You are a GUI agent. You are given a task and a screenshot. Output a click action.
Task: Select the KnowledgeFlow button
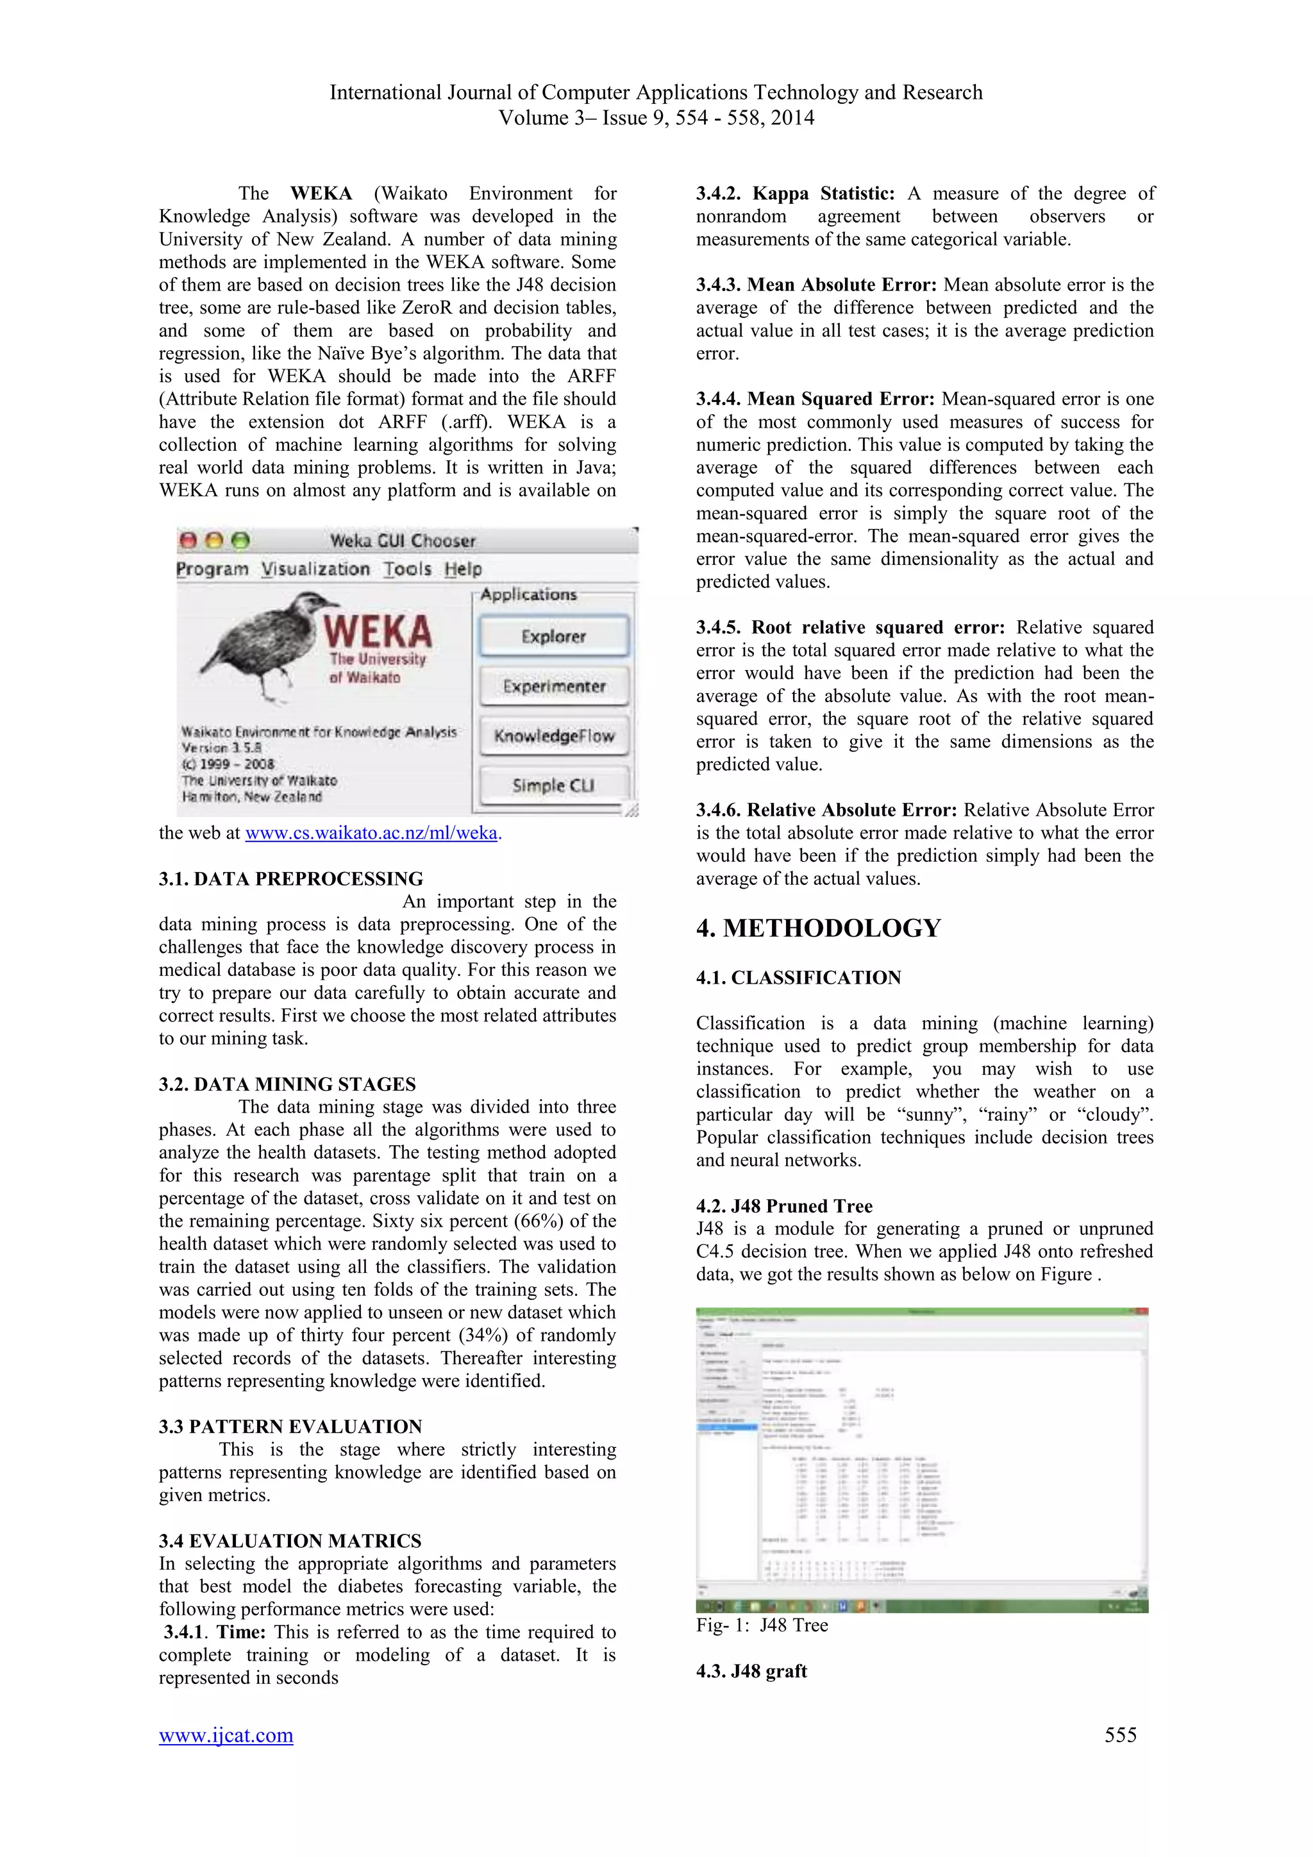point(554,736)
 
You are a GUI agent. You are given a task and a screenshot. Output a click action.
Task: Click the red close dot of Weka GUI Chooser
point(188,541)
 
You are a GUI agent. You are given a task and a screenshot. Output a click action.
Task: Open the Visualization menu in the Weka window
point(315,569)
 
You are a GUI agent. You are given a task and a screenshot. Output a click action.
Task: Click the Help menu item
point(462,569)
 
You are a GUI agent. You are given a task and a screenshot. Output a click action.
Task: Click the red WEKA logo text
point(378,631)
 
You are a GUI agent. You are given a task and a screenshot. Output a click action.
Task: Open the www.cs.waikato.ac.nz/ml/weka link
point(371,833)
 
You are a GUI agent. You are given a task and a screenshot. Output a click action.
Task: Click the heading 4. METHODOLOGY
point(818,928)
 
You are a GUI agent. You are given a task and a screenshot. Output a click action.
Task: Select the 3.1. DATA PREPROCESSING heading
point(290,879)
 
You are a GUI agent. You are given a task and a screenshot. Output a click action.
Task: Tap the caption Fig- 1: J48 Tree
point(762,1626)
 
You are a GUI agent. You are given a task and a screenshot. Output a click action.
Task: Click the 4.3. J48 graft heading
point(751,1671)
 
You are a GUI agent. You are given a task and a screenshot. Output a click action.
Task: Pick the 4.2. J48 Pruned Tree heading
point(783,1206)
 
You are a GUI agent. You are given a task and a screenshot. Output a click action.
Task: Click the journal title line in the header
point(656,93)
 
